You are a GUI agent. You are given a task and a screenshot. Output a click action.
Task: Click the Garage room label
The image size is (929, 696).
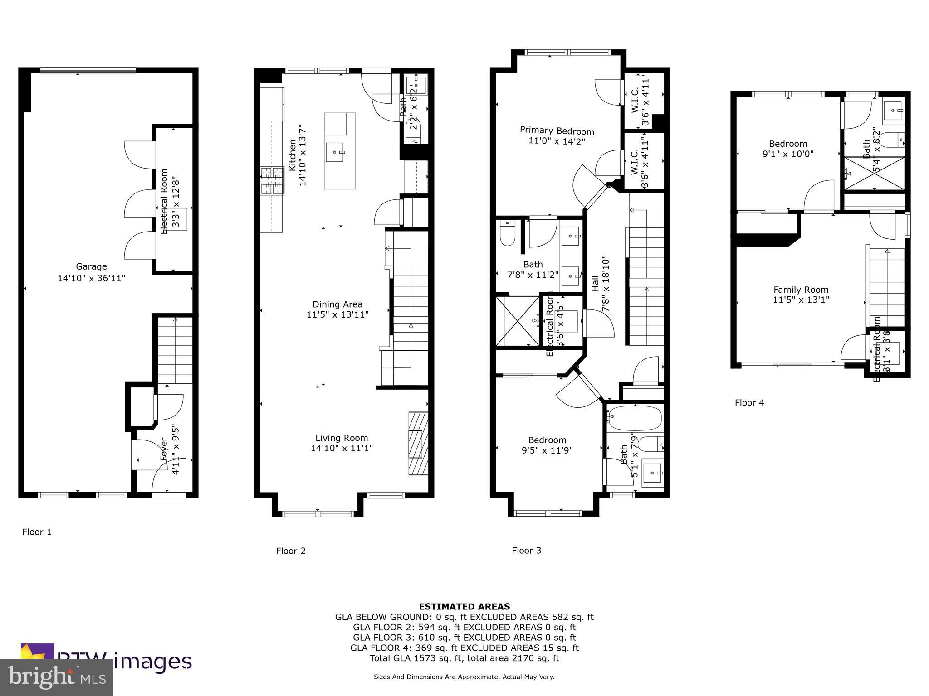point(91,266)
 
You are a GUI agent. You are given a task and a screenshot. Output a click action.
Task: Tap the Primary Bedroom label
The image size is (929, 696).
point(557,131)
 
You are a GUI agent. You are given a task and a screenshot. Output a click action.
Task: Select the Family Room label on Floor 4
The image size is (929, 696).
point(801,290)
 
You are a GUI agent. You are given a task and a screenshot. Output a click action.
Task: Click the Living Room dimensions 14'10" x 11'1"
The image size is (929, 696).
point(342,449)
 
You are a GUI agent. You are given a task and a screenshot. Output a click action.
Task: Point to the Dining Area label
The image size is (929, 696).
point(337,304)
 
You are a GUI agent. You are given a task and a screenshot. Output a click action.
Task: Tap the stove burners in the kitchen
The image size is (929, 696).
point(272,181)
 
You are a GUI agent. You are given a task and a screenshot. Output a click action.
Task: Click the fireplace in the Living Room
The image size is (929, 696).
point(418,443)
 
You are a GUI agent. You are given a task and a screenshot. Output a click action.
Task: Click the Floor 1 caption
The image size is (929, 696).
point(37,532)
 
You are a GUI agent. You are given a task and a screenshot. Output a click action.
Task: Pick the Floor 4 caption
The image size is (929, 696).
point(749,403)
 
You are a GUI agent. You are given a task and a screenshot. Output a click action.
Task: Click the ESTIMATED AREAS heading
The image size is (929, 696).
point(464,606)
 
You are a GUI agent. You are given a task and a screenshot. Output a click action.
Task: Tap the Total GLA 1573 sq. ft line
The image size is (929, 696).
point(464,658)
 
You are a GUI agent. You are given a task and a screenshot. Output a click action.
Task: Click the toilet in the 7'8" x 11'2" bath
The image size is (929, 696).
point(506,233)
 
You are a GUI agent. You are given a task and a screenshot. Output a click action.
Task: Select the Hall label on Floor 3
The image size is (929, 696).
point(595,284)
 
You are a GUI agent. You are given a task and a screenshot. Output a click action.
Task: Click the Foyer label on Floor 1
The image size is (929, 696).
point(164,449)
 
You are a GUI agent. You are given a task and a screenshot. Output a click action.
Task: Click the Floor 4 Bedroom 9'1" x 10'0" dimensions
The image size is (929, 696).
point(788,154)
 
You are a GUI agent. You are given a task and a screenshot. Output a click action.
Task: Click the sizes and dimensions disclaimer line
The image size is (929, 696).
point(464,677)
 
